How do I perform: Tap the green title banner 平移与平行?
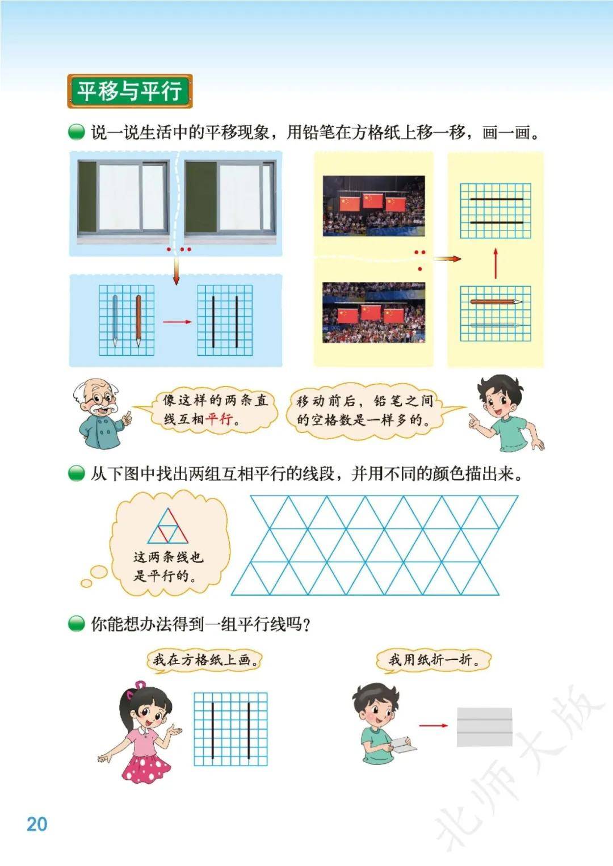(x=130, y=91)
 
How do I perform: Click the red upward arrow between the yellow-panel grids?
(x=496, y=263)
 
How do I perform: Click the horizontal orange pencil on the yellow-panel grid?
(x=496, y=301)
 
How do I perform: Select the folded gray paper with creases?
(x=485, y=727)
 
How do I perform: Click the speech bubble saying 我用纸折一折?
(x=433, y=660)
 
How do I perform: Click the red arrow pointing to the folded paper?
(x=433, y=725)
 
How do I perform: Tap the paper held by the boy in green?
(x=404, y=744)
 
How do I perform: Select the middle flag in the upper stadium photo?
(x=372, y=200)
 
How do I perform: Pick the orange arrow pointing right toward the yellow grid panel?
(x=447, y=259)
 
